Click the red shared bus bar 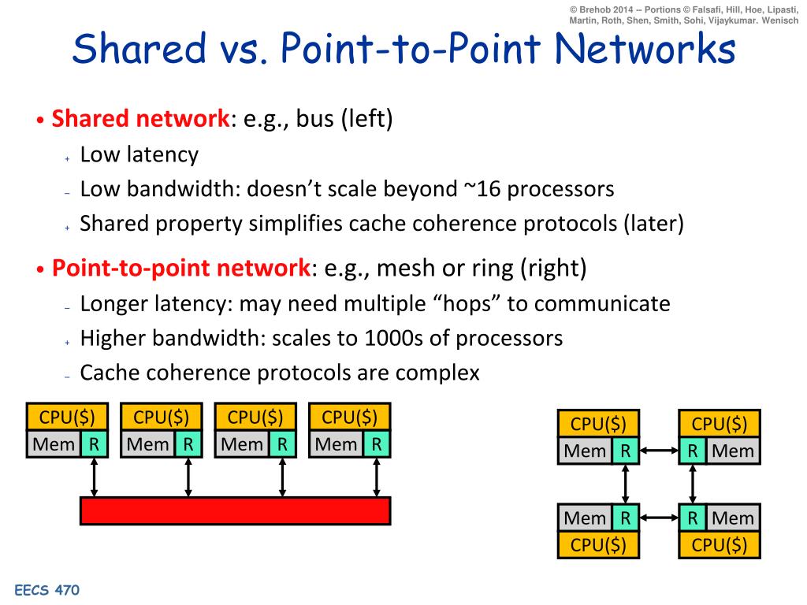(x=235, y=510)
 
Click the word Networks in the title (x=645, y=48)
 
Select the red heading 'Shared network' (x=140, y=118)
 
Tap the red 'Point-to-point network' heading (x=181, y=268)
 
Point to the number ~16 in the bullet (x=482, y=189)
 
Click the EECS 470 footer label (x=46, y=589)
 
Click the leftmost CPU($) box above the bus (x=68, y=417)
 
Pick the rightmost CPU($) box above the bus (x=349, y=417)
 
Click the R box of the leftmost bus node (x=95, y=444)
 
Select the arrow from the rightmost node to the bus (x=377, y=477)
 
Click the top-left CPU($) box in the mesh (x=598, y=424)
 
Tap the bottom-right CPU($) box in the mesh (x=720, y=545)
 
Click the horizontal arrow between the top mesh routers (x=660, y=451)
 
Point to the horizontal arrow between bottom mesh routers (x=660, y=518)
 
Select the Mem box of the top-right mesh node (x=733, y=451)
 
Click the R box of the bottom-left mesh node (x=625, y=518)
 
